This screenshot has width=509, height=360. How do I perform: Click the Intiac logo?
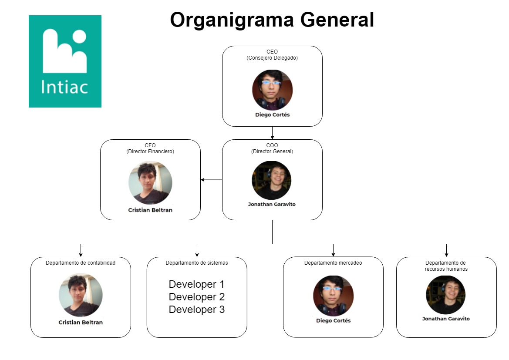(x=65, y=61)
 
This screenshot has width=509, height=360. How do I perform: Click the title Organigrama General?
(x=272, y=20)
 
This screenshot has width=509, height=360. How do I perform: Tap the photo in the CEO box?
(x=272, y=90)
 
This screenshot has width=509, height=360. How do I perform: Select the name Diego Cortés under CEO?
(x=272, y=115)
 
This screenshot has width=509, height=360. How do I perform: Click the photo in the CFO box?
(x=150, y=183)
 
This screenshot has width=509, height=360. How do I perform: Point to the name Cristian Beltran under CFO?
(x=150, y=210)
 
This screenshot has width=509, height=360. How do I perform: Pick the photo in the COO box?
(x=272, y=180)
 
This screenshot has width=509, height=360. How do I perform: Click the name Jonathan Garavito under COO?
(x=272, y=204)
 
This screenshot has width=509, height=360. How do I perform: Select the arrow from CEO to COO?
(x=272, y=133)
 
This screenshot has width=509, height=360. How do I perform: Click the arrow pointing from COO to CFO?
(x=211, y=180)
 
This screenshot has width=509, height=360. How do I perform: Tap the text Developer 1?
(x=197, y=284)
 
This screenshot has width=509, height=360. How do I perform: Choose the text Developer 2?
(x=197, y=297)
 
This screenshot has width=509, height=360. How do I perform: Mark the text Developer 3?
(x=197, y=310)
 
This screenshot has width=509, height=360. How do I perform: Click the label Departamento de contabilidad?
(x=81, y=262)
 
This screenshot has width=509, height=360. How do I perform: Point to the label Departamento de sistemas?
(x=197, y=262)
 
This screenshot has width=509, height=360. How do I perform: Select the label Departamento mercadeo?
(x=333, y=262)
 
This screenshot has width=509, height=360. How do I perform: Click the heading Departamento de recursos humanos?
(x=446, y=266)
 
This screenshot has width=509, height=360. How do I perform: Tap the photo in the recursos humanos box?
(x=446, y=295)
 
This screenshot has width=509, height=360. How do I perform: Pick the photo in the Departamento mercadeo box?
(x=333, y=296)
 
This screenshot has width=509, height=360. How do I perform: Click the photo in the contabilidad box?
(x=81, y=295)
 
